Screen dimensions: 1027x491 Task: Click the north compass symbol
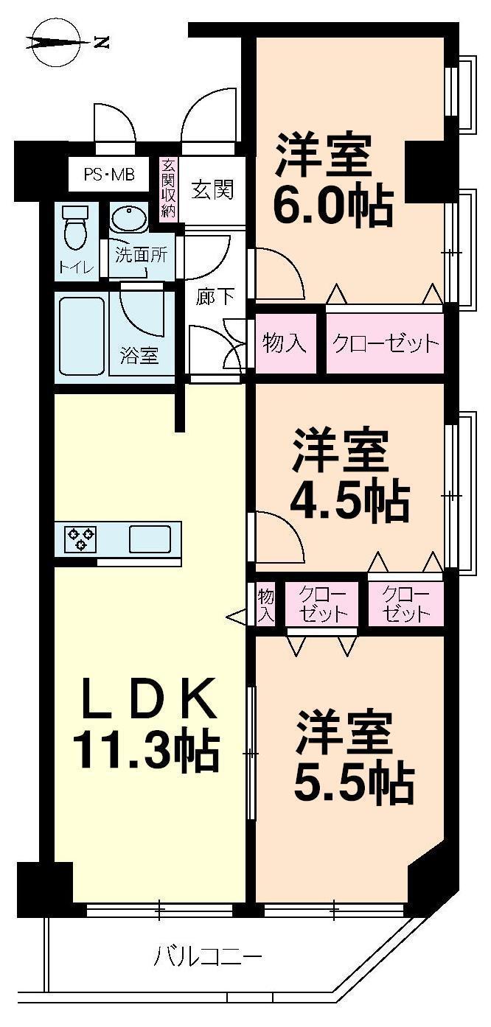coord(56,43)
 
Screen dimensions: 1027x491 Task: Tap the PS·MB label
coord(108,175)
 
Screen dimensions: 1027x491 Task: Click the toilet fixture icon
coord(75,229)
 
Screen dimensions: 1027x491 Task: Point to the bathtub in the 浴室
coord(80,337)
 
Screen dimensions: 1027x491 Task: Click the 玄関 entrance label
coord(213,189)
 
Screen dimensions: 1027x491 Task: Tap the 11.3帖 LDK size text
coord(146,750)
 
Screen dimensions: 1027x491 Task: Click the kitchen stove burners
coord(80,539)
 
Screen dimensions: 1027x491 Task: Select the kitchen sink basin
coord(150,539)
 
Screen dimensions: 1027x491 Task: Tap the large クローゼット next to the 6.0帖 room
coord(385,343)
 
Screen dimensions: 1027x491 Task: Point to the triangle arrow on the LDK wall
coord(236,617)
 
